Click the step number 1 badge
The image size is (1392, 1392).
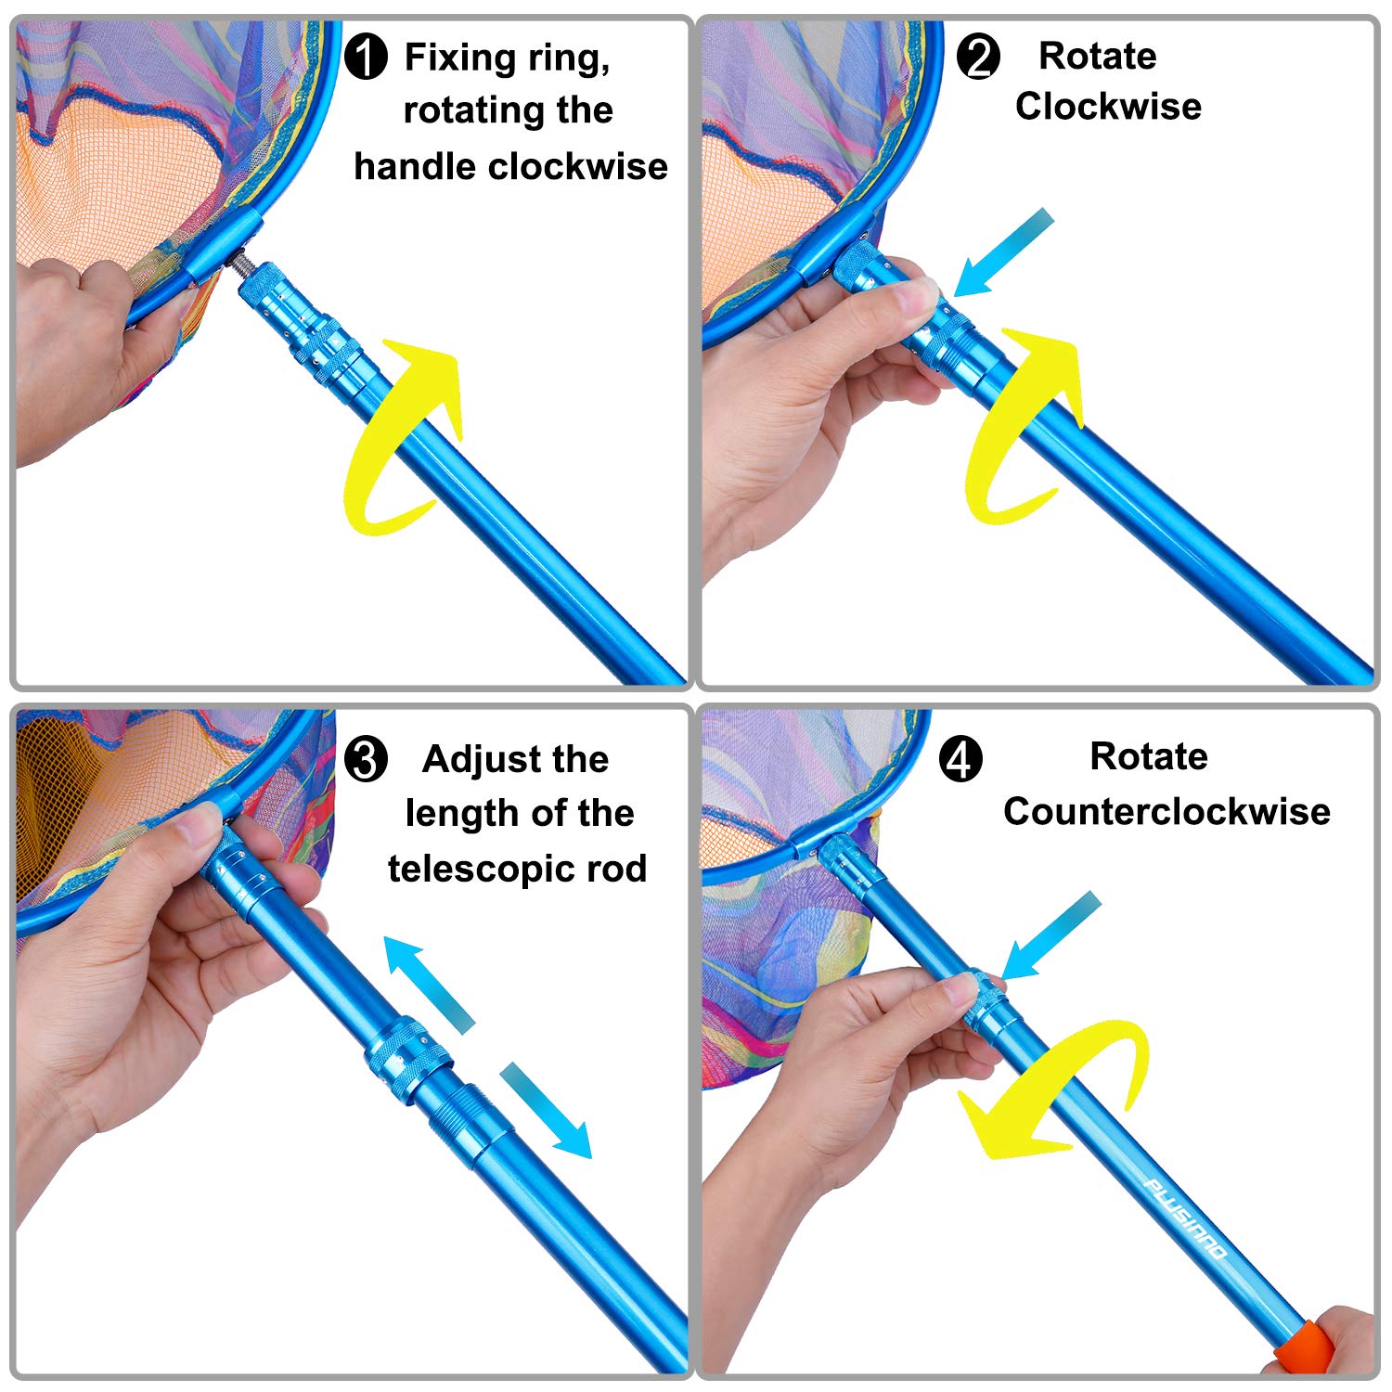366,57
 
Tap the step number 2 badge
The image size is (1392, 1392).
978,57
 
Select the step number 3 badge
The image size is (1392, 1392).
366,760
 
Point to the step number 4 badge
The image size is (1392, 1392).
960,760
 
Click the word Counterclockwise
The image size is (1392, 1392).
1166,812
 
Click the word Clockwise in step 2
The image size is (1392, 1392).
1108,107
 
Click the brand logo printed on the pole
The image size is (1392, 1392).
1184,1218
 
